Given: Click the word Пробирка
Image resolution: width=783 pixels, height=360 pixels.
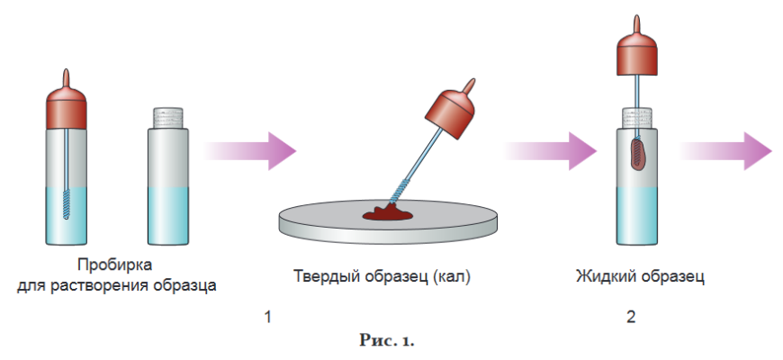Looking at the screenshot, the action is tap(115, 265).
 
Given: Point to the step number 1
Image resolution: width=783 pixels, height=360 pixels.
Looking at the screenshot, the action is tap(268, 317).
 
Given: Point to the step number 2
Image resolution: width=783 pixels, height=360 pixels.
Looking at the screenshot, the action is tap(631, 317).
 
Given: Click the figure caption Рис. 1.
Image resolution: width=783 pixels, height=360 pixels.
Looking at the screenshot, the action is tap(387, 341).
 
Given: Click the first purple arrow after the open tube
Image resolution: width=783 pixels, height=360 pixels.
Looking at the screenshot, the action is tap(249, 151).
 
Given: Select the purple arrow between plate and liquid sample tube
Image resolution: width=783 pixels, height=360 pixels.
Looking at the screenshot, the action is tap(551, 151).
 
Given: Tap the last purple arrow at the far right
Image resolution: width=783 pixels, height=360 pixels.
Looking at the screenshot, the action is tap(726, 151).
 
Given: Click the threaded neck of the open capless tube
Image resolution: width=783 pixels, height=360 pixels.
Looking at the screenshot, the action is tap(168, 118).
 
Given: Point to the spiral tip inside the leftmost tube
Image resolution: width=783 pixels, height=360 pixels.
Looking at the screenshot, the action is tap(67, 203).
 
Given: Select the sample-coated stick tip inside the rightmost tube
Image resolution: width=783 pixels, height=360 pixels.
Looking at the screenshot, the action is tap(638, 155).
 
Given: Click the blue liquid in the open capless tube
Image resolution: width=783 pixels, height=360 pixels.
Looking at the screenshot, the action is tap(168, 216).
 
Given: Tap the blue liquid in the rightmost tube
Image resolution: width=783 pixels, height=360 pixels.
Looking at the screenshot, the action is tap(636, 216).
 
